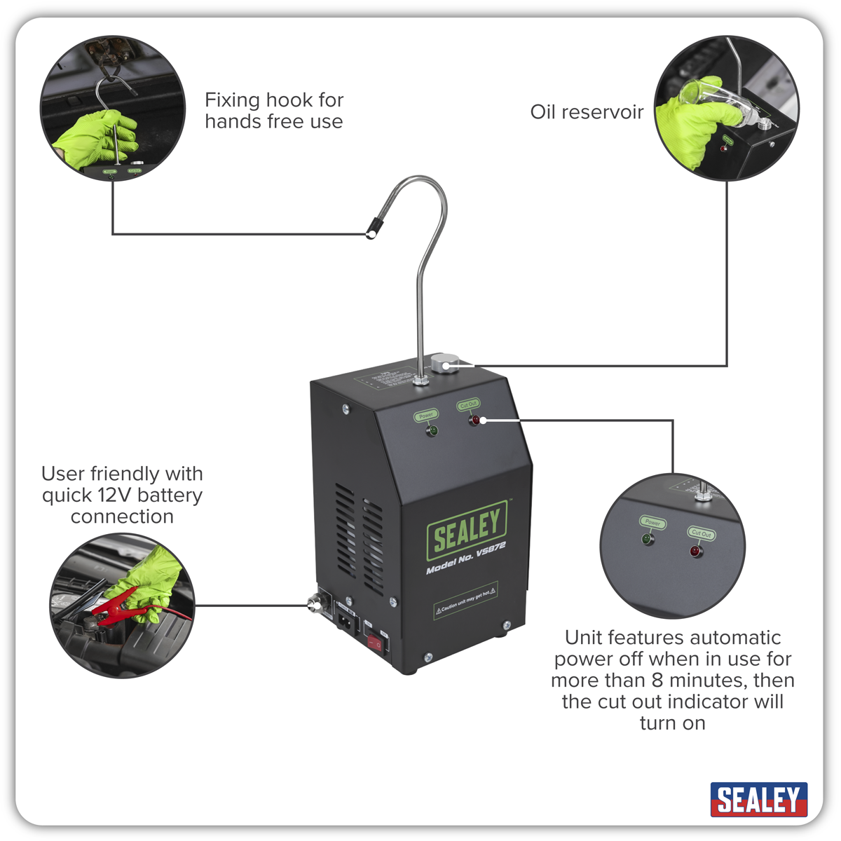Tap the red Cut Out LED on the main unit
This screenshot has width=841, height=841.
(x=475, y=420)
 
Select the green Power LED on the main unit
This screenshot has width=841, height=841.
(x=432, y=430)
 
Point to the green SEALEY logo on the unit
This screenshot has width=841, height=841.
(x=467, y=530)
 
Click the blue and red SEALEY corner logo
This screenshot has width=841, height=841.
(x=759, y=799)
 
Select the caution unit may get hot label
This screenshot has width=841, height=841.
(x=466, y=600)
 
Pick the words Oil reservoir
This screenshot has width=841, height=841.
(x=587, y=112)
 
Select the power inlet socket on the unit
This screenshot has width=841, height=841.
(x=346, y=620)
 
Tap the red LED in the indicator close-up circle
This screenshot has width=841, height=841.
(x=695, y=552)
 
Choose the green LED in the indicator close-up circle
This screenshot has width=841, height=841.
(x=647, y=540)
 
